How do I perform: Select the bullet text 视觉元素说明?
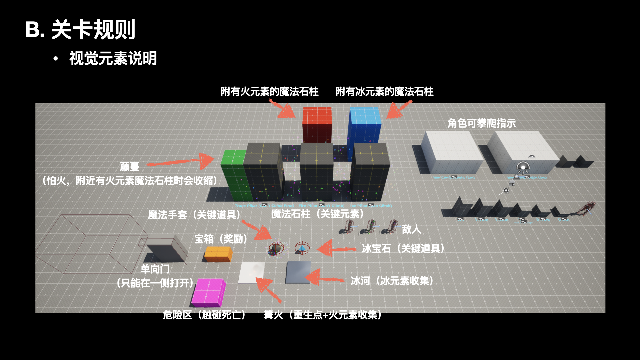pyautogui.click(x=113, y=58)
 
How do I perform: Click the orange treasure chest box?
pyautogui.click(x=218, y=254)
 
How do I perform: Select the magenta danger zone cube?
pyautogui.click(x=208, y=292)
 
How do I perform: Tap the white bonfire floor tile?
pyautogui.click(x=252, y=272)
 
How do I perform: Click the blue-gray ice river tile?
pyautogui.click(x=298, y=272)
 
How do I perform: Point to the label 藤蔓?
pyautogui.click(x=129, y=166)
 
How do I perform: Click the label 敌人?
pyautogui.click(x=411, y=229)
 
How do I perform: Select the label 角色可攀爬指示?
pyautogui.click(x=481, y=123)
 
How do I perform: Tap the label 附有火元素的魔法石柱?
pyautogui.click(x=269, y=91)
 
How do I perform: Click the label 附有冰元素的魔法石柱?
pyautogui.click(x=384, y=91)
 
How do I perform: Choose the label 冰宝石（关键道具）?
pyautogui.click(x=403, y=248)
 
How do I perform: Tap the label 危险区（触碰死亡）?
pyautogui.click(x=204, y=315)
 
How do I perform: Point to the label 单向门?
pyautogui.click(x=155, y=269)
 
